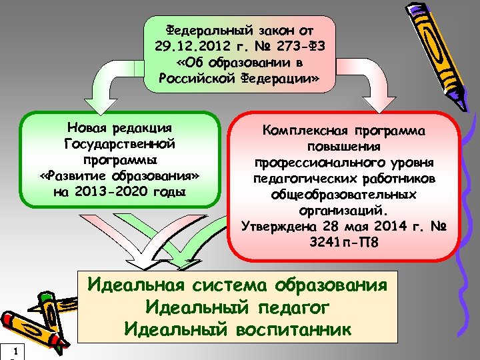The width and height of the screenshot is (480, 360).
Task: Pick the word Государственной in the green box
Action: pos(120,143)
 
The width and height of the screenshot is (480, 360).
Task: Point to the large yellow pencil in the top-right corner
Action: pos(437,47)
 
